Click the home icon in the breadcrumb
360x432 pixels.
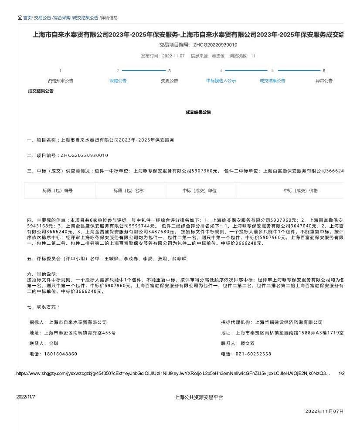coord(20,17)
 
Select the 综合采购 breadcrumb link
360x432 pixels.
coord(62,17)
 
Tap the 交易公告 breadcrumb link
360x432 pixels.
coord(43,17)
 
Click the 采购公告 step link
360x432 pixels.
coord(118,81)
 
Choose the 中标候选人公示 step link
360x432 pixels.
coord(221,81)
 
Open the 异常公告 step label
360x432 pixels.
coord(324,81)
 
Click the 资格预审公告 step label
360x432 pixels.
coord(60,81)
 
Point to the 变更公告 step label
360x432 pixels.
coord(170,81)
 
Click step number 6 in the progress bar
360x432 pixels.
coord(324,71)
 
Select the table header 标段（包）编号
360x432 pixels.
coord(58,190)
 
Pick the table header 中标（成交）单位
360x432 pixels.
coord(200,190)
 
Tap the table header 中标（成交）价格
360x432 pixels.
coord(301,190)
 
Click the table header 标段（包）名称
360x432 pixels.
coord(129,190)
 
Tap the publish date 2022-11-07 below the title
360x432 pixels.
coord(173,56)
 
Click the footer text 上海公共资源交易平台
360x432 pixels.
coord(199,397)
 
